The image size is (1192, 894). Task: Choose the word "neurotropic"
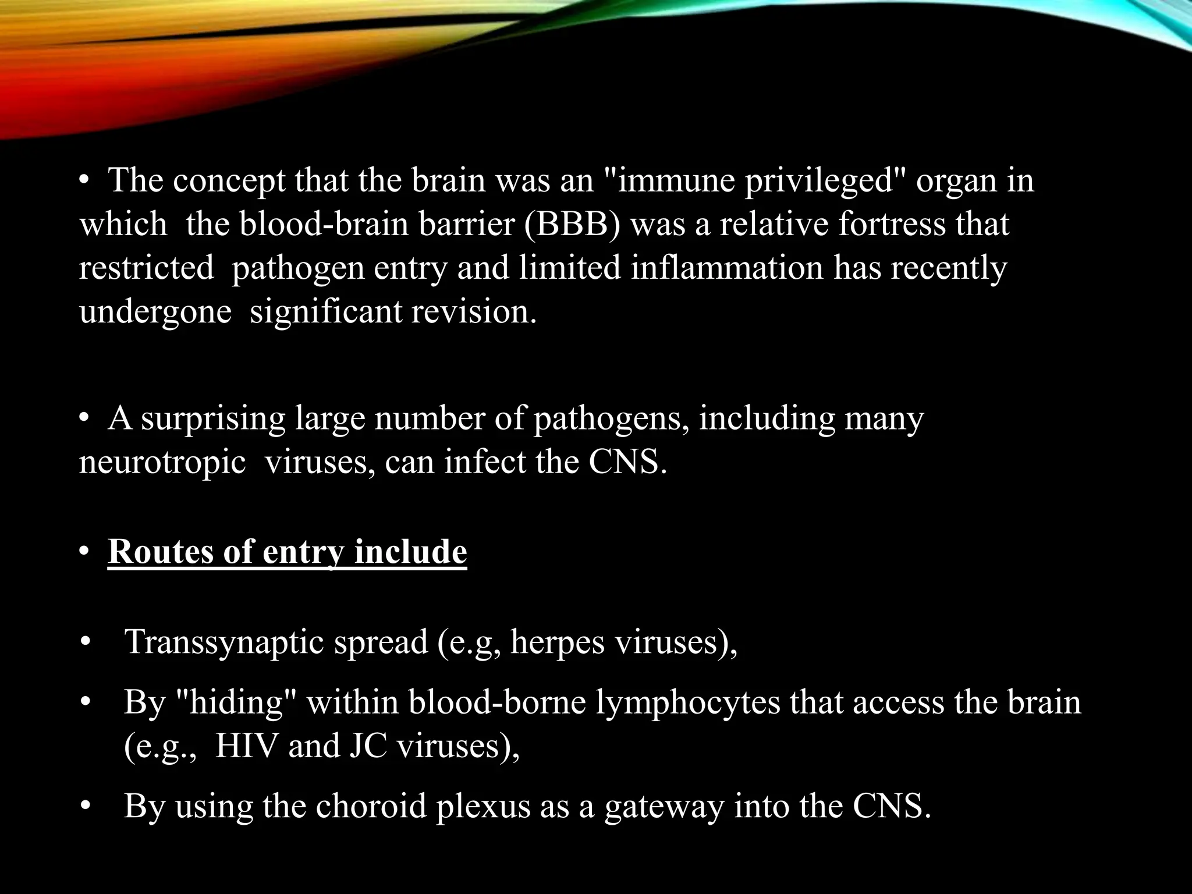click(x=162, y=462)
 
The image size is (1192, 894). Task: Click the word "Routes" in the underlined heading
click(x=161, y=551)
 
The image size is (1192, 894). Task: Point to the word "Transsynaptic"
click(x=225, y=642)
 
